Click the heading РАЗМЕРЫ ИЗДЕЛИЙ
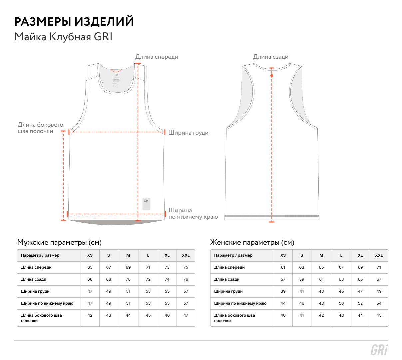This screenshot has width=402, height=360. pos(74,22)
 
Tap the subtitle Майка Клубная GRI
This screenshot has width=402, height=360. pos(63,37)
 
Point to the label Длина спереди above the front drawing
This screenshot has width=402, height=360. pos(157,57)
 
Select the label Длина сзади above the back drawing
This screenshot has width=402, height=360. pos(271,57)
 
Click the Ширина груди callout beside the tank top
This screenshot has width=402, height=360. pos(188,133)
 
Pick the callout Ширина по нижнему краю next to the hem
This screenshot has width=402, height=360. pos(193,214)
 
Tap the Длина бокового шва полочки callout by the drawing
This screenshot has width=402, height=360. pos(40,128)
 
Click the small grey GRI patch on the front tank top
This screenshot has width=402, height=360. pos(146,204)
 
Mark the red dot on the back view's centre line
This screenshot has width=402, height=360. pos(272,76)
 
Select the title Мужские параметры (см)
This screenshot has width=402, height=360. pos(59,242)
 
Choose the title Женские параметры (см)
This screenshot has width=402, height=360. pos(252,242)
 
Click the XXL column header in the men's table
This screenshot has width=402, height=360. pos(186,255)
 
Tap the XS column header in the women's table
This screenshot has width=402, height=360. pos(283,255)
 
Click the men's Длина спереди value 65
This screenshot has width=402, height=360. pos(90,267)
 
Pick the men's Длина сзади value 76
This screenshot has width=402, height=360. pos(186,279)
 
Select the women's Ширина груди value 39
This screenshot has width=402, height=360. pos(283,291)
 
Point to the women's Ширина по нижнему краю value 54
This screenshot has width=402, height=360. pos(379,303)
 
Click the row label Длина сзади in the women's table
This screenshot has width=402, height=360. pos(227,279)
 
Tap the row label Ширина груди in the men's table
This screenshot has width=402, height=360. pos(35,291)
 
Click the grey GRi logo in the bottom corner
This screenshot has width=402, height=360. pos(379,350)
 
